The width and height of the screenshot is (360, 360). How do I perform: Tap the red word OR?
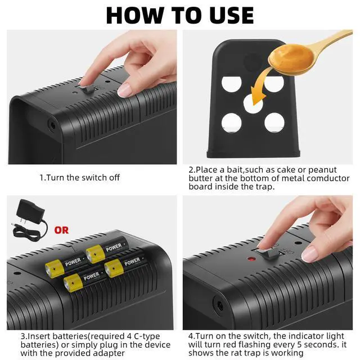point(61,230)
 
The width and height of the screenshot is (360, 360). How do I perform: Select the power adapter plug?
point(29,220)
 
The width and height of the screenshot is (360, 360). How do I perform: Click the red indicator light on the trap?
point(251,259)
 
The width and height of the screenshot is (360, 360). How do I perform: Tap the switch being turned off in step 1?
point(88,89)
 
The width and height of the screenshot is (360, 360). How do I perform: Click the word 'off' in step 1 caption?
point(114,178)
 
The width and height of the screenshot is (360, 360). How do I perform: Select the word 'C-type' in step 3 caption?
point(147,336)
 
